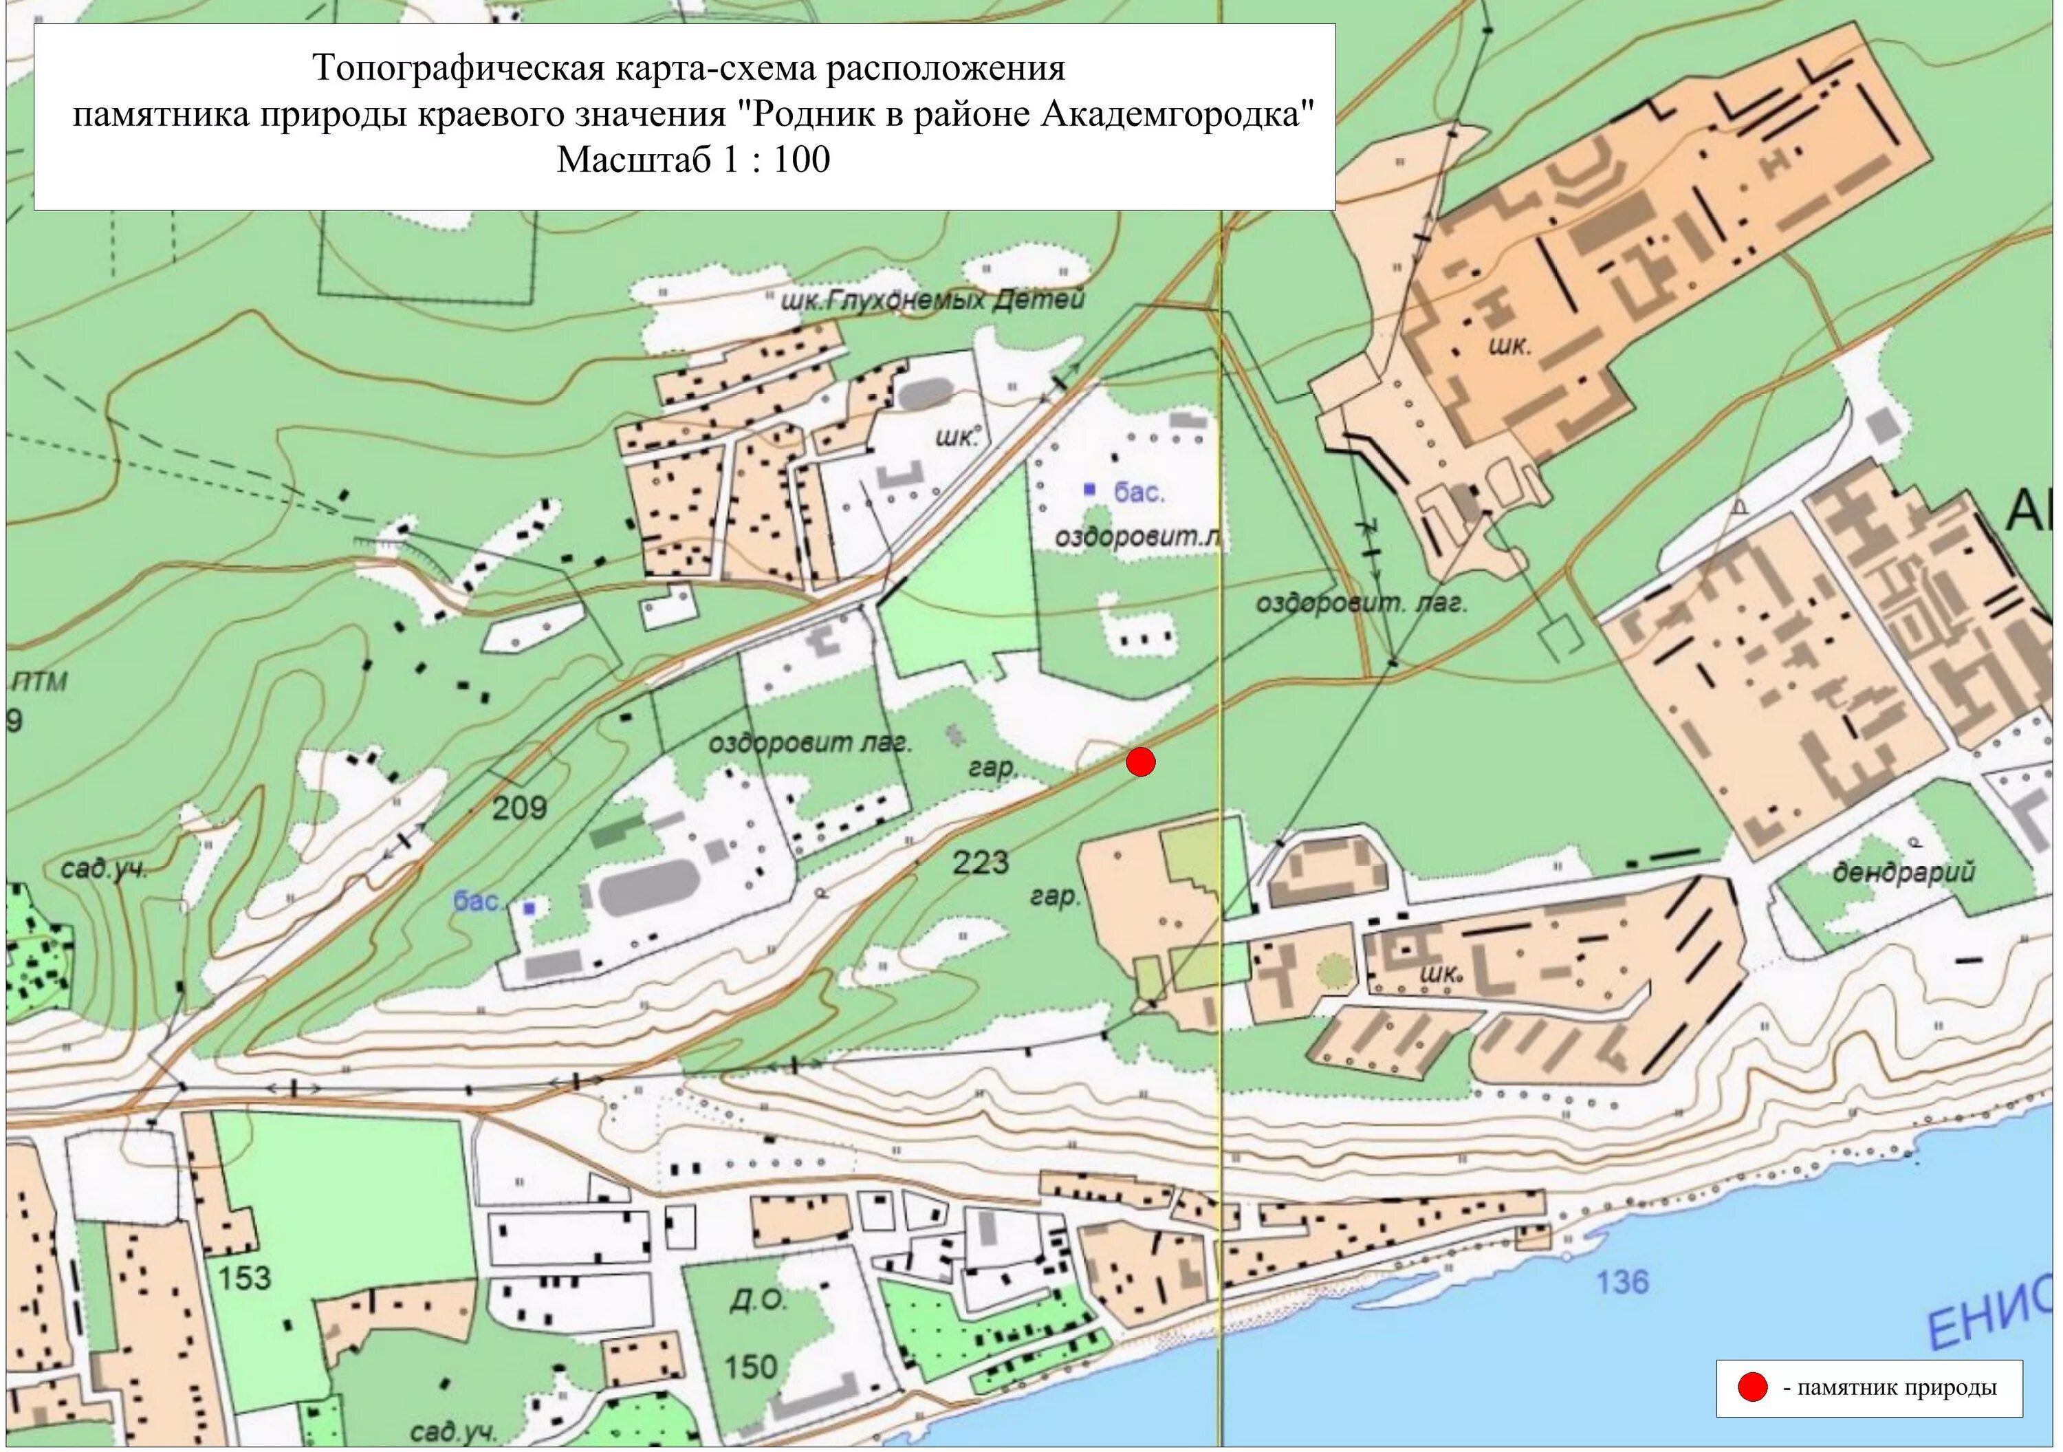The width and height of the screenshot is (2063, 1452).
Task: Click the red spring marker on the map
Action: pos(1140,762)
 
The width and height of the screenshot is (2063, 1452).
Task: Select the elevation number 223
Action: pos(981,863)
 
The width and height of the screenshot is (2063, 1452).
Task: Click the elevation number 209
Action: pos(519,808)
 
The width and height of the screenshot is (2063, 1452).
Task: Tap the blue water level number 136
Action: pos(1622,1281)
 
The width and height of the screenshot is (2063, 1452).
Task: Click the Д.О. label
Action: pos(756,1299)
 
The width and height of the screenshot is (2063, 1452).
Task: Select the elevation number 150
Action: pos(750,1367)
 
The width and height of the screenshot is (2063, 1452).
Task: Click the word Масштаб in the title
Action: pos(634,160)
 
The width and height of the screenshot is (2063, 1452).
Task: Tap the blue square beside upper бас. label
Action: pos(1090,490)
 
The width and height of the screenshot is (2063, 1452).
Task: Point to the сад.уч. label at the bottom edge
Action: pos(453,1431)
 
